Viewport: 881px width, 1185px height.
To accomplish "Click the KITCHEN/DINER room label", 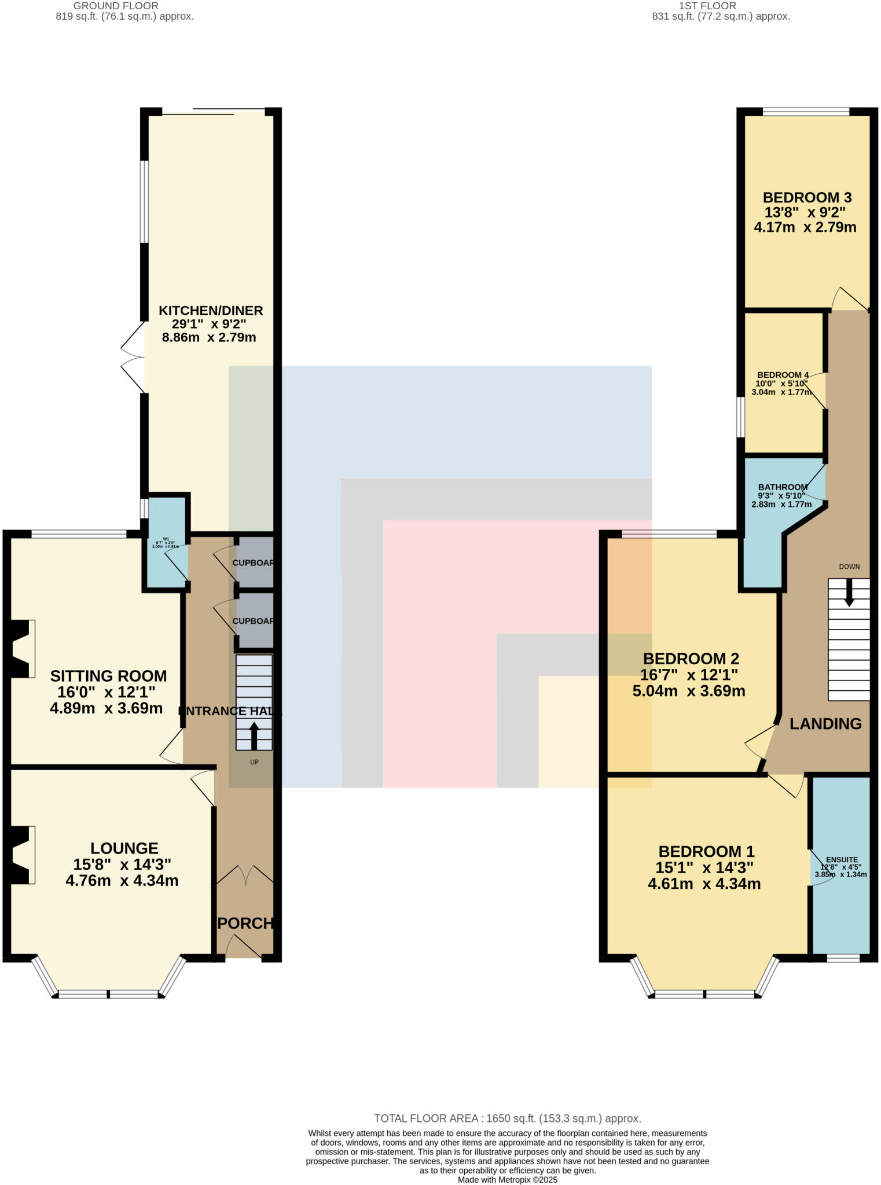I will (211, 311).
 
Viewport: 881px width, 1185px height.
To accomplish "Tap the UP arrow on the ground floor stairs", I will (254, 735).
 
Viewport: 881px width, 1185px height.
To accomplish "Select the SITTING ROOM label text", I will (108, 676).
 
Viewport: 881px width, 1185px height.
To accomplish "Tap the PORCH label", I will (245, 923).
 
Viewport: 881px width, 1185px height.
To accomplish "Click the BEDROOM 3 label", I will (806, 197).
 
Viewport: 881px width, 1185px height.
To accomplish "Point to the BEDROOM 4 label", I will (782, 375).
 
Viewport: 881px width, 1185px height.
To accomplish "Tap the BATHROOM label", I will (783, 487).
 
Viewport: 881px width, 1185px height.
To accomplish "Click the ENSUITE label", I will (842, 860).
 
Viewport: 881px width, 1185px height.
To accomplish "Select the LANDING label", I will (825, 724).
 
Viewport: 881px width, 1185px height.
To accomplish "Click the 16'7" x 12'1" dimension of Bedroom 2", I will (689, 675).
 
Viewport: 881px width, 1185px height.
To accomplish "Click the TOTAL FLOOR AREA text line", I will (507, 1118).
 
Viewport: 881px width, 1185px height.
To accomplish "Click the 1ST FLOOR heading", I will (707, 6).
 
